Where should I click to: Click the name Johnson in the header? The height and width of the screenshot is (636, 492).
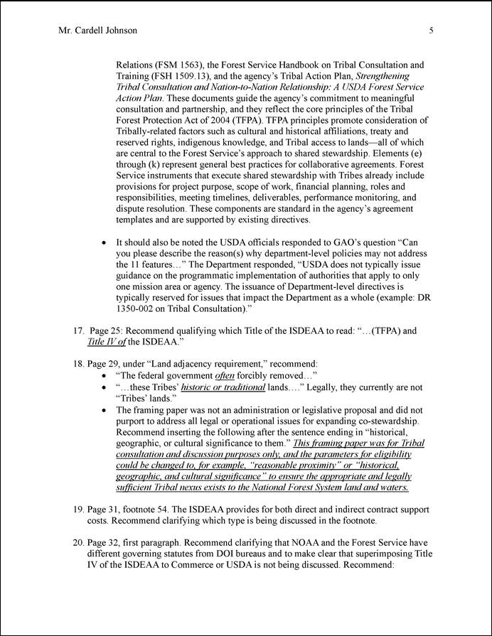coord(119,31)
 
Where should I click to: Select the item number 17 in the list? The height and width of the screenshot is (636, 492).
coord(78,330)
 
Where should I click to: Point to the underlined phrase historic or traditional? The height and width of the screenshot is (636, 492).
coord(223,387)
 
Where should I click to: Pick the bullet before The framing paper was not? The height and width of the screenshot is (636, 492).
coord(105,410)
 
